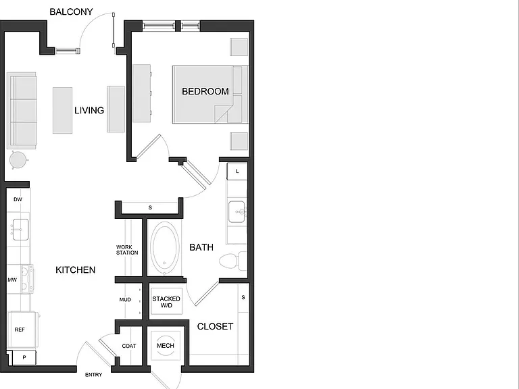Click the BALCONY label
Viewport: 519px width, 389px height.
coord(71,12)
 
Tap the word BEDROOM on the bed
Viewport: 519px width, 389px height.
coord(205,91)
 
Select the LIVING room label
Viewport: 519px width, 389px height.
coord(89,110)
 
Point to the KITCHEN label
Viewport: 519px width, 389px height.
coord(76,270)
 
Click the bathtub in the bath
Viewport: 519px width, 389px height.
coord(164,247)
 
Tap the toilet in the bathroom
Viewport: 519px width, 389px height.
coord(233,261)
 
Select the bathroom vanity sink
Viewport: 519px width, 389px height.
coord(237,211)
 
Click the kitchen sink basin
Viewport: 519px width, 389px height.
coord(20,229)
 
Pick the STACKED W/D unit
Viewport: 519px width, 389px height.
coord(166,301)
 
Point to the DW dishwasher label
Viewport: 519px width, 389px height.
coord(18,199)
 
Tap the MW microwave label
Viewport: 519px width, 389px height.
coord(12,280)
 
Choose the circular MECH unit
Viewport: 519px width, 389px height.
coord(166,346)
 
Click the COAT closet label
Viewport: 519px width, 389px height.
coord(129,346)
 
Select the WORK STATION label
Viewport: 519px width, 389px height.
coord(127,250)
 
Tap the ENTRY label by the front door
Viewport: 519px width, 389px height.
coord(93,375)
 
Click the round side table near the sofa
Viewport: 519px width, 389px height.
coord(18,160)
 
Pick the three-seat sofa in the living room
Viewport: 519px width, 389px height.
coord(22,111)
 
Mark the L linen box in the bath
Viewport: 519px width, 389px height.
coord(237,172)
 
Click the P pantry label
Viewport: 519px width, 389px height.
coord(24,357)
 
